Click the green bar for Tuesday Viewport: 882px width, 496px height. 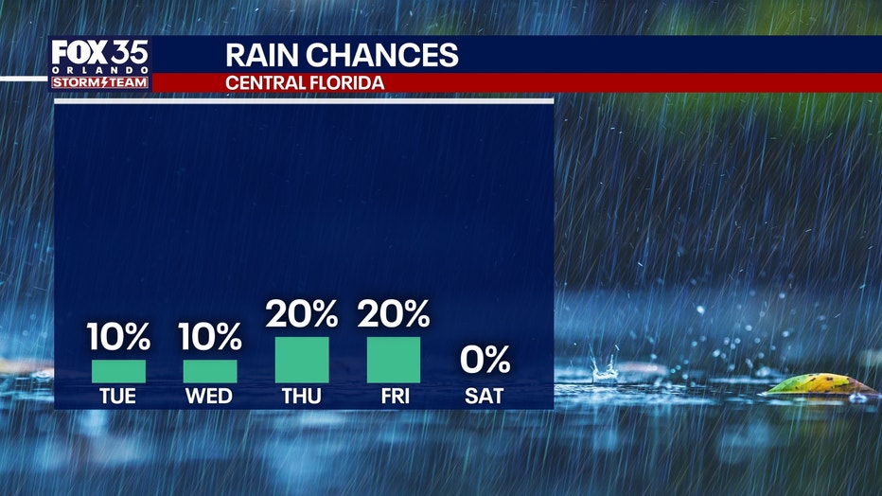tap(118, 371)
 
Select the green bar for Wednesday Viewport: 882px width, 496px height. tap(210, 371)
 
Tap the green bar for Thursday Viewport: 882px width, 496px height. tap(302, 360)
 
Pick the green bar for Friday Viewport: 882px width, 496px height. tap(394, 360)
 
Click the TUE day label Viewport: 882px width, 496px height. tap(118, 397)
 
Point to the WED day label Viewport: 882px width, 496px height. tap(210, 397)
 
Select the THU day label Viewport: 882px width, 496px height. tap(302, 397)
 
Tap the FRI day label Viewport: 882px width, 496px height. tap(394, 397)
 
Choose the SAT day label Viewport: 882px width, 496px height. tap(485, 397)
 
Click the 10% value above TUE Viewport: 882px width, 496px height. tap(118, 336)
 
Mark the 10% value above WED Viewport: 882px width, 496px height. tap(210, 336)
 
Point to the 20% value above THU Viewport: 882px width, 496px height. tap(302, 313)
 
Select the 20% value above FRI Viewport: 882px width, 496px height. tap(394, 313)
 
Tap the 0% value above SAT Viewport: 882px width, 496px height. tap(485, 360)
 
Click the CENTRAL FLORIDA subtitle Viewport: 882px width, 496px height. tap(305, 83)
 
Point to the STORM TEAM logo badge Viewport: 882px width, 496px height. tap(100, 83)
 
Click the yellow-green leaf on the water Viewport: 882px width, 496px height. tap(820, 384)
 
